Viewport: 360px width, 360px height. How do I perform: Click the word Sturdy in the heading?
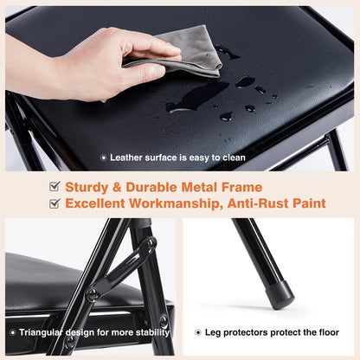[x=88, y=186]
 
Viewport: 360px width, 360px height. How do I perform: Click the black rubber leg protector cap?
[x=280, y=293]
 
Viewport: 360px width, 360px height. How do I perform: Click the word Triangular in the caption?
[x=41, y=331]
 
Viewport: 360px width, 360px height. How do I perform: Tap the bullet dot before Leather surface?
[x=104, y=157]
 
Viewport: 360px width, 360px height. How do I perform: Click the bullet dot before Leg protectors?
[x=197, y=331]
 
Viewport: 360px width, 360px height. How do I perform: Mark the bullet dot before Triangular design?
[x=12, y=331]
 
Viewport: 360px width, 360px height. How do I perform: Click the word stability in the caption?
[x=146, y=331]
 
